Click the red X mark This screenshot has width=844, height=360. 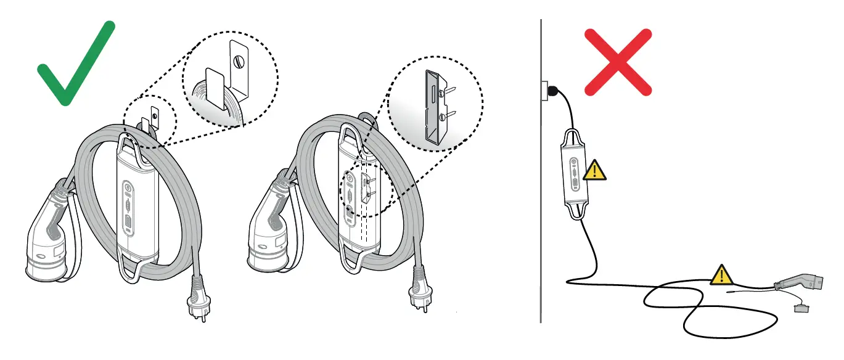click(x=618, y=62)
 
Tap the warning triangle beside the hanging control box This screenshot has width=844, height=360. click(x=594, y=170)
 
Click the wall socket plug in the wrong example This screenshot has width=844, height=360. click(x=554, y=92)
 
